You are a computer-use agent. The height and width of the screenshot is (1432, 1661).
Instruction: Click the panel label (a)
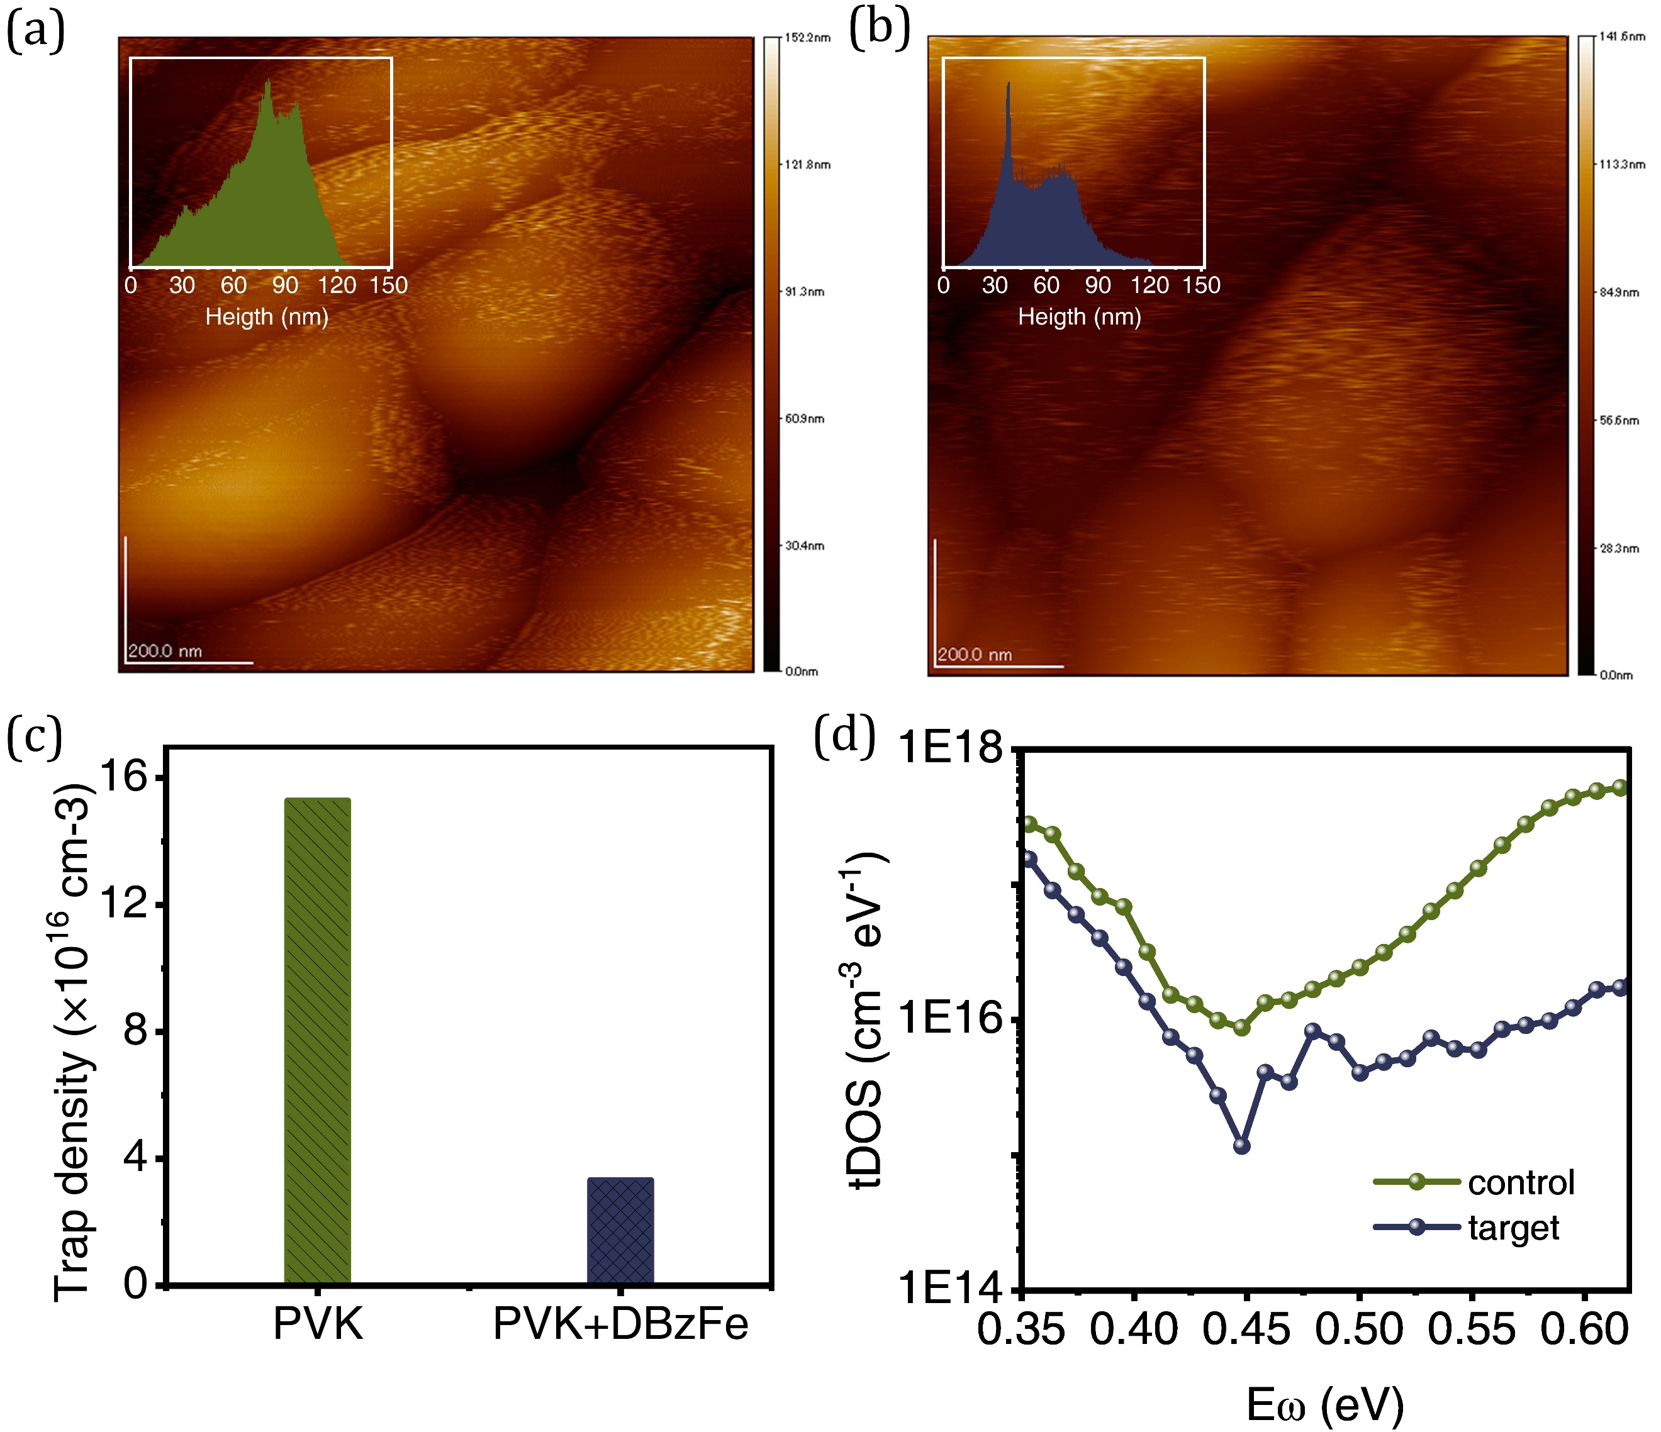point(35,32)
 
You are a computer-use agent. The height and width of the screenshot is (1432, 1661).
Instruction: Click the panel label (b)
point(880,30)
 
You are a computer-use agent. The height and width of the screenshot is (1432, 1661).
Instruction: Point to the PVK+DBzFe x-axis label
point(620,1323)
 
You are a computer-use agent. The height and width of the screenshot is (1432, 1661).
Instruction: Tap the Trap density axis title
point(74,1041)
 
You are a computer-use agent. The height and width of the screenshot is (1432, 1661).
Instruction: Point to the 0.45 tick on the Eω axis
point(1246,1329)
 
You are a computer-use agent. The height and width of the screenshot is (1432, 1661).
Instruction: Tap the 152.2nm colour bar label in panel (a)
point(807,38)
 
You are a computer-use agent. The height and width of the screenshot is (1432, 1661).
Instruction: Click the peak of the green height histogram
point(268,82)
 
